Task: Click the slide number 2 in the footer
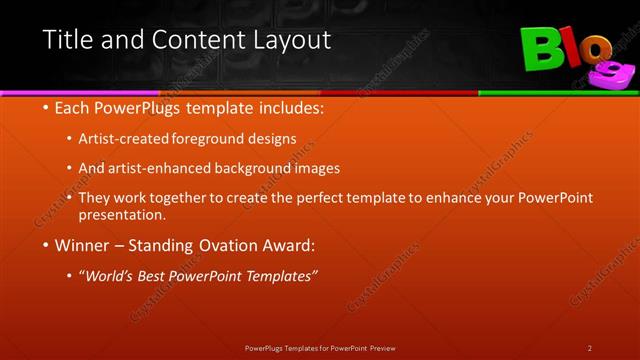[589, 348]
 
